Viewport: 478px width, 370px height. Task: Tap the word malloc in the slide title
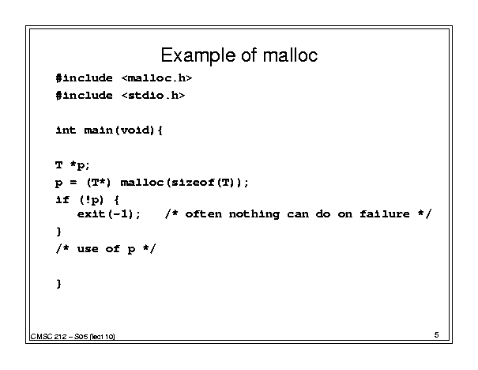coord(290,55)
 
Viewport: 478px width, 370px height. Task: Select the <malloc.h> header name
coord(156,78)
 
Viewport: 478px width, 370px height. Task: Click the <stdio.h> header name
coord(153,96)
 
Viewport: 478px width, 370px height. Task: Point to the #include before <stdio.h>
coord(84,96)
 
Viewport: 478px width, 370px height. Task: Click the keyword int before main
coord(66,130)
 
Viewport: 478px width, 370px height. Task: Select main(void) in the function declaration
coord(119,130)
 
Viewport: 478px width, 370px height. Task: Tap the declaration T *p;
coord(73,165)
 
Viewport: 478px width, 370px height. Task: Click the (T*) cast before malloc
coord(99,183)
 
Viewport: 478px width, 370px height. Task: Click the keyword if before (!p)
coord(62,200)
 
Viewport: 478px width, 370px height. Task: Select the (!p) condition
coord(92,200)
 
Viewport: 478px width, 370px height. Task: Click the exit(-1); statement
coord(109,214)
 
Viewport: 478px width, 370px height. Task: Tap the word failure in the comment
coord(385,213)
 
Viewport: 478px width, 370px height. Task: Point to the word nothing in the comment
coord(254,214)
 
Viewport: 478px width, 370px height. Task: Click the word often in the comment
coord(204,213)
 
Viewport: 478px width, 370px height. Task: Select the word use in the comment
coord(88,249)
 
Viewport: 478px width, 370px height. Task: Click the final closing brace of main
coord(58,284)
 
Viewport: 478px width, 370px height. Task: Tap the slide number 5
coord(437,335)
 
